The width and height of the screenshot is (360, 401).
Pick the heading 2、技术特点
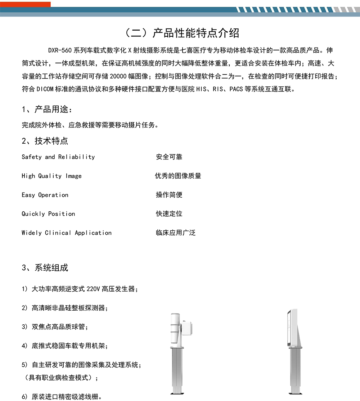(x=45, y=141)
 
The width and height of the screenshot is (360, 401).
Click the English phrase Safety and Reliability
(x=58, y=157)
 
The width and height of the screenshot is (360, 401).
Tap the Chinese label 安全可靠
(x=169, y=157)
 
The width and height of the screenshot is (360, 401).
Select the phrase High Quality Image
(x=52, y=176)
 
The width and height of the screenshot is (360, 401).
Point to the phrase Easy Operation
(x=45, y=195)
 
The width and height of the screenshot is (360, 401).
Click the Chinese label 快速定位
(x=169, y=214)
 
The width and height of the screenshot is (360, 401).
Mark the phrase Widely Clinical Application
(x=67, y=233)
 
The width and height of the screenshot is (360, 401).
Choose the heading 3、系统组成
(x=45, y=267)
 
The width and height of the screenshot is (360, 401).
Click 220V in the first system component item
(x=93, y=289)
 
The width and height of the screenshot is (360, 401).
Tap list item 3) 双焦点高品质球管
(x=55, y=327)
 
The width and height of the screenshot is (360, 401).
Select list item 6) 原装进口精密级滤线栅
(x=62, y=397)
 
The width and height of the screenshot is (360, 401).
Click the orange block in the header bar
(x=25, y=4)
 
